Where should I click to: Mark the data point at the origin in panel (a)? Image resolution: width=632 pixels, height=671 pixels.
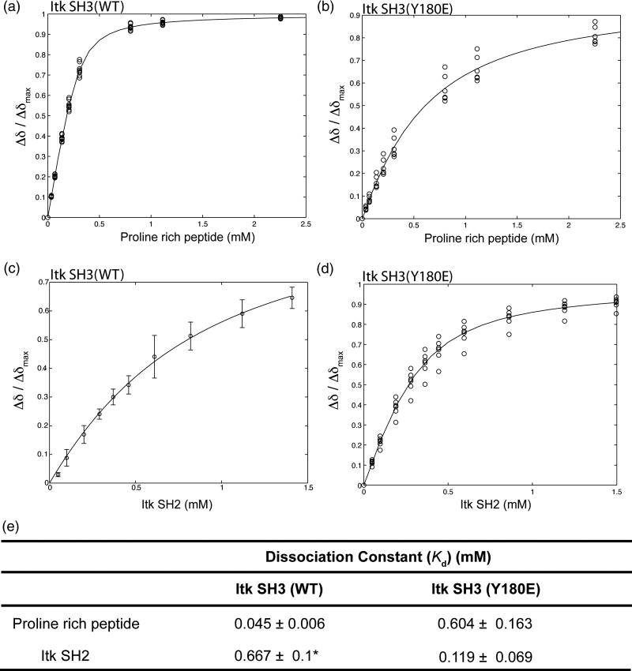click(47, 217)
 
